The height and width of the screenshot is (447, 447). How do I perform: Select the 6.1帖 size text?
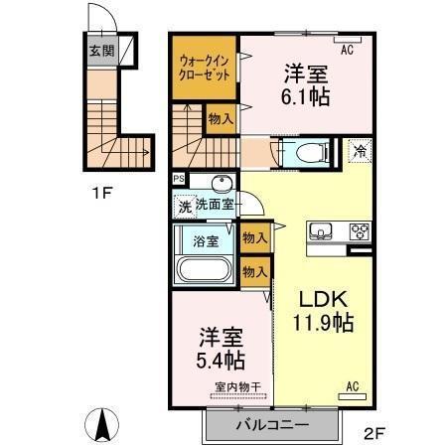306,97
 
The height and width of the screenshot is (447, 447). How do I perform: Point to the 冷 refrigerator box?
360,151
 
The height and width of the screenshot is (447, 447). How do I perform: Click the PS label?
178,180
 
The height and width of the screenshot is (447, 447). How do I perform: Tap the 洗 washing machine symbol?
183,208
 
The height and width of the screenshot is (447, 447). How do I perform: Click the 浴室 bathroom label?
206,239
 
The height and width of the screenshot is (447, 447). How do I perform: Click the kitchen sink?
320,232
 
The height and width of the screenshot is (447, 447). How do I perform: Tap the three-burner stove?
358,232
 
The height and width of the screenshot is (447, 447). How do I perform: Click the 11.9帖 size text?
320,323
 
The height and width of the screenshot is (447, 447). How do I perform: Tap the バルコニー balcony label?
271,424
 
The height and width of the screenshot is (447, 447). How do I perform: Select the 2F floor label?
373,432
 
